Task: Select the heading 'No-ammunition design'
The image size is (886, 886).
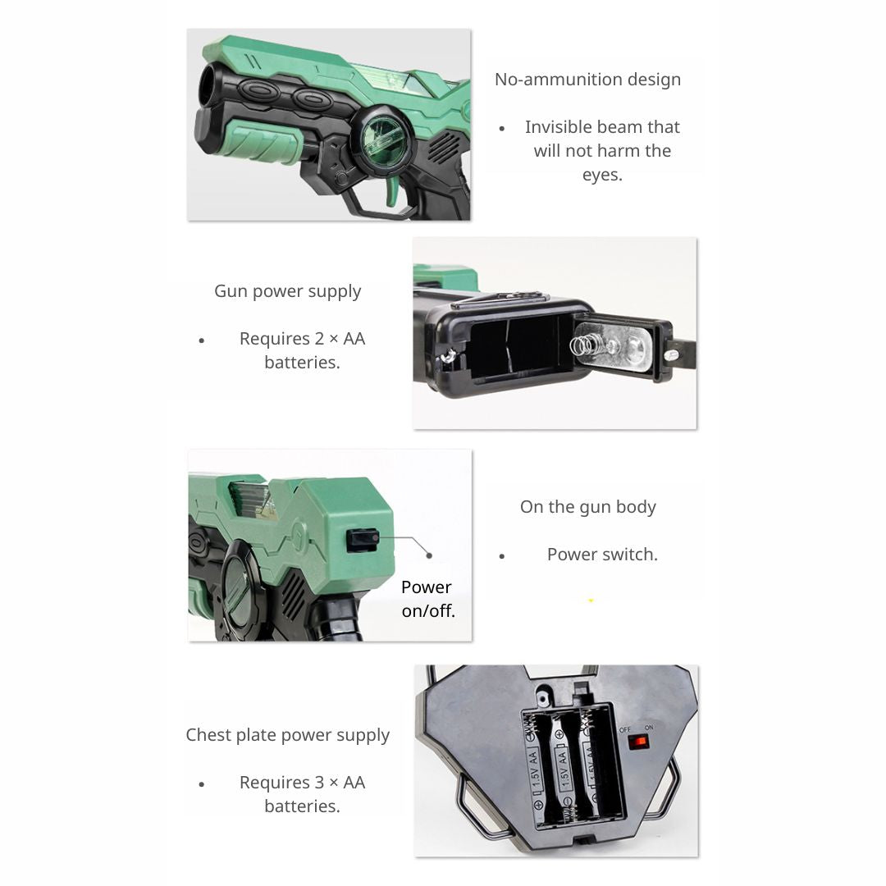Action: [x=587, y=80]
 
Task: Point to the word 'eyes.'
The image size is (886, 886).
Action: [x=602, y=176]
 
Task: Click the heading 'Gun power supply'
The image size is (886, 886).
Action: [x=288, y=291]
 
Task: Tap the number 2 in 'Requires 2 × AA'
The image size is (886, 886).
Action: [x=319, y=339]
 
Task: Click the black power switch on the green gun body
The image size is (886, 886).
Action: [x=363, y=540]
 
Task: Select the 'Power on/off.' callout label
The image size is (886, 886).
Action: [x=427, y=599]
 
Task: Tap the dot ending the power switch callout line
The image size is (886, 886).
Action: [x=429, y=555]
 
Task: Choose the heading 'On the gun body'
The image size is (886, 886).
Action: [x=588, y=508]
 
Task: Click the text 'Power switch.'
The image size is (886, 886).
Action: [x=602, y=555]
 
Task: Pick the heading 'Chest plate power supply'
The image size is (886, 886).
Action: [x=288, y=735]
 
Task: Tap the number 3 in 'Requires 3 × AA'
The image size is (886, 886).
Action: [x=319, y=783]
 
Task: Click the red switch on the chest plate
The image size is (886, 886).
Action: [x=639, y=742]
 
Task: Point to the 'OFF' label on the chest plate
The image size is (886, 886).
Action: [x=625, y=729]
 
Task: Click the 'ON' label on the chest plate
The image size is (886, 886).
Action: [x=649, y=727]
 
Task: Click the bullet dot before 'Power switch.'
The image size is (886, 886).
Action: [x=502, y=556]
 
